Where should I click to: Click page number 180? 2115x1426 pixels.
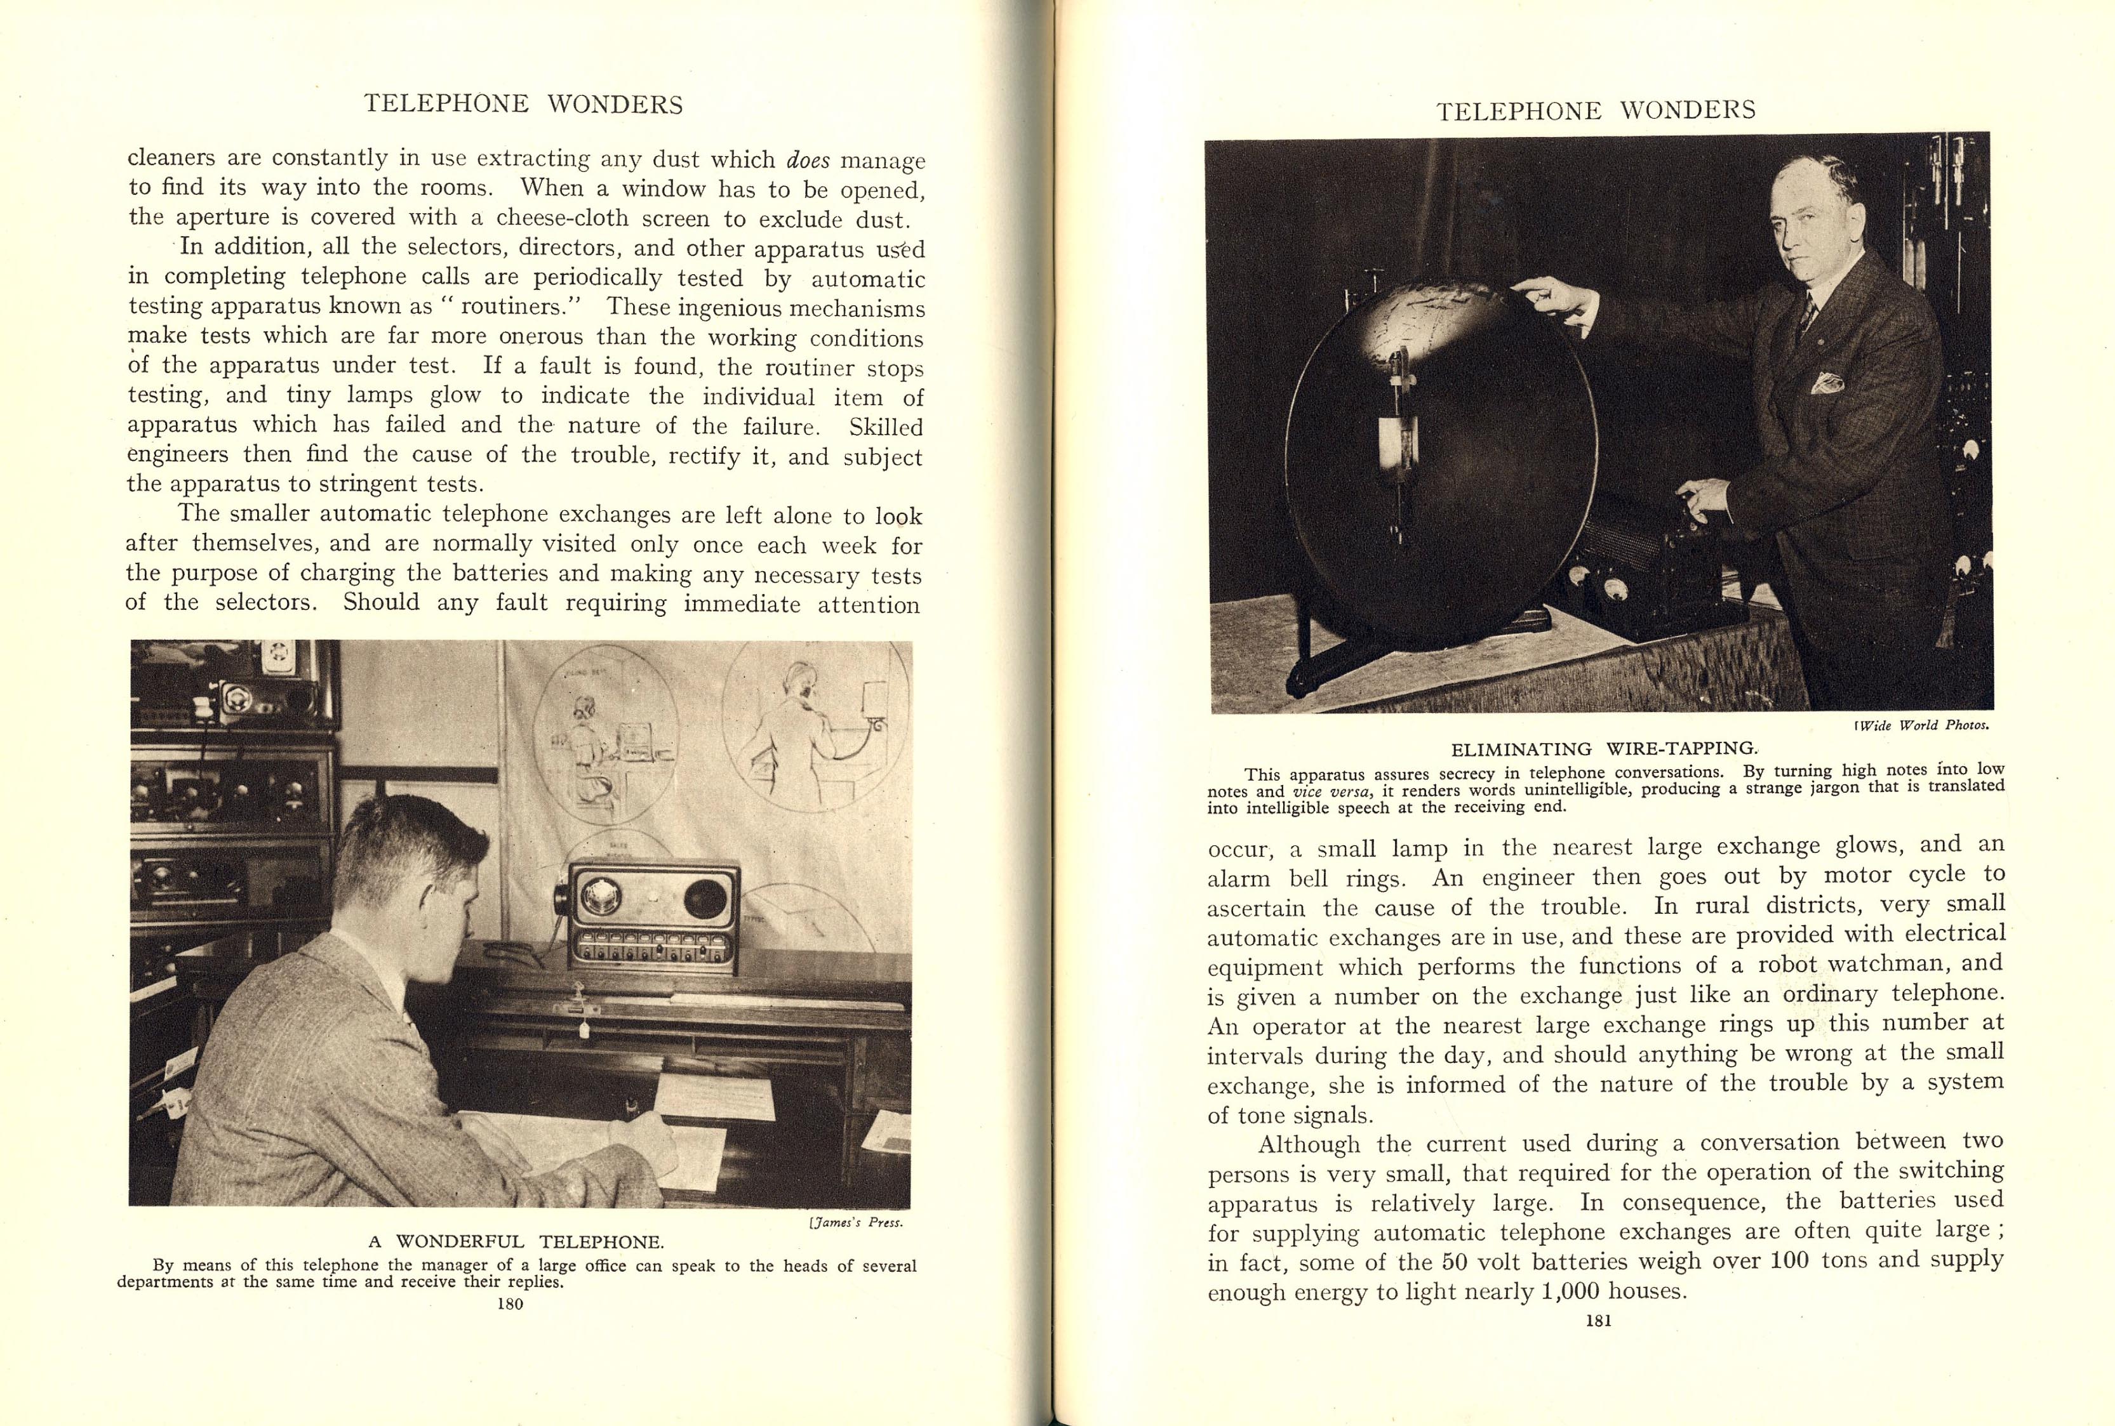510,1304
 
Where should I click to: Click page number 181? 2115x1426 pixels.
1598,1321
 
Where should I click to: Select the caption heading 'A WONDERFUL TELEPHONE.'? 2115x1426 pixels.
516,1241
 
